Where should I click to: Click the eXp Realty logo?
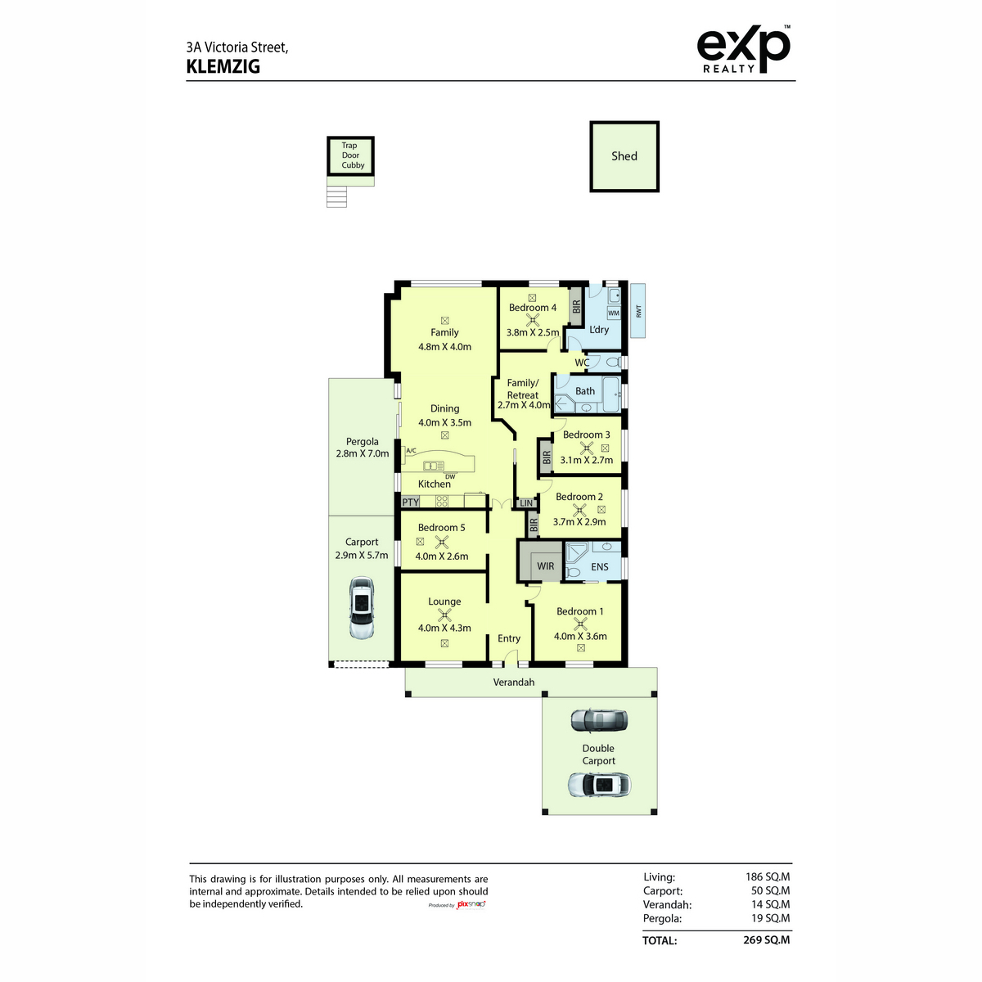[x=744, y=49]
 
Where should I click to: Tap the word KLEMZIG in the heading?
[x=223, y=67]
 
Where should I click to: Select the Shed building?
[x=624, y=156]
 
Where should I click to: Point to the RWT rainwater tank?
[x=637, y=310]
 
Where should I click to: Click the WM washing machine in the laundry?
[x=614, y=313]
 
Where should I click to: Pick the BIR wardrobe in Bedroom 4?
[x=576, y=307]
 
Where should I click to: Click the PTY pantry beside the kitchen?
[x=410, y=502]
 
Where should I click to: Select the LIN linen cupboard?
[x=526, y=503]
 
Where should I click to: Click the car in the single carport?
[x=362, y=607]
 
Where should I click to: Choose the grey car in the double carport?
[x=598, y=721]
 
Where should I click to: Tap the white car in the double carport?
[x=599, y=786]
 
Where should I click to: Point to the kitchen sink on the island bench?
[x=434, y=466]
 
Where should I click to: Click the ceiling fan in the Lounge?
[x=444, y=615]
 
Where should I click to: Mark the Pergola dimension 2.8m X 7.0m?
[x=363, y=453]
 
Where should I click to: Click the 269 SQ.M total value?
[x=767, y=940]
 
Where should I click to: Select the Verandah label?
[x=514, y=682]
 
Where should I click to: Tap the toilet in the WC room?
[x=613, y=363]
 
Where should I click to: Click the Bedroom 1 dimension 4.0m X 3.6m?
[x=580, y=637]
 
